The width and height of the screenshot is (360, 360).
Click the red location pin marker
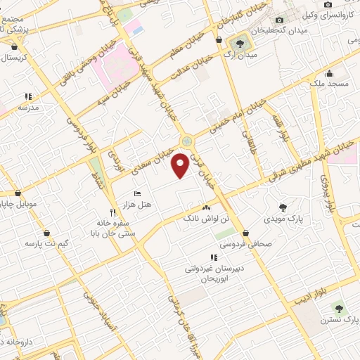click(181, 165)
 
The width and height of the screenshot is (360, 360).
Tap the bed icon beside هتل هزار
click(137, 193)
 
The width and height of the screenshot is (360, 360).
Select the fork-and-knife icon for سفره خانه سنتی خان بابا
click(112, 212)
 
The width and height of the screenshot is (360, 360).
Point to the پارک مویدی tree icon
click(283, 207)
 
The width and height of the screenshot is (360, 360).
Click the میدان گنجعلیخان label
click(263, 31)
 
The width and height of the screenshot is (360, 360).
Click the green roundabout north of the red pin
click(186, 141)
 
